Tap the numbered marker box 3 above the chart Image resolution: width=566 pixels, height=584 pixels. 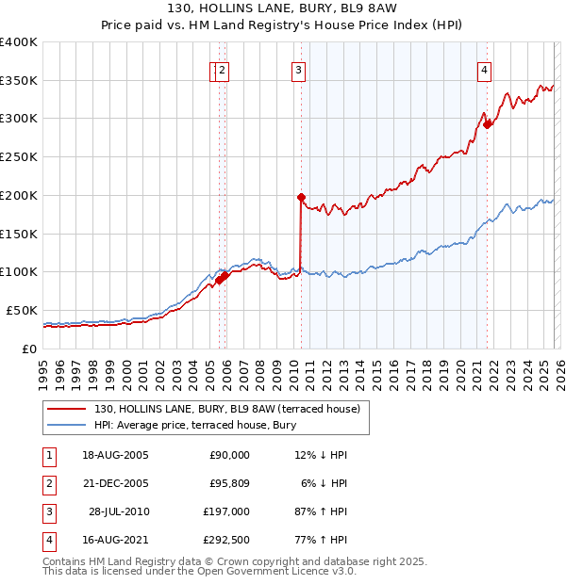(298, 69)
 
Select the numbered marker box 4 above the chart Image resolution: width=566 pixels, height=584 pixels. (484, 69)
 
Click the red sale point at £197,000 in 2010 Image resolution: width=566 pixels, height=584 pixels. (301, 197)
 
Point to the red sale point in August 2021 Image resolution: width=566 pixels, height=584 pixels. (488, 123)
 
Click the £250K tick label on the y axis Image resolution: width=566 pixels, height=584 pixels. (19, 157)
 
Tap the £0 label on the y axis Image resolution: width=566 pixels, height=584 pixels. (28, 349)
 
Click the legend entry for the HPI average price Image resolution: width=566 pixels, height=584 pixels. (195, 426)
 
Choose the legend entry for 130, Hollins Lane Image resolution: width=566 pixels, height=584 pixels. (226, 410)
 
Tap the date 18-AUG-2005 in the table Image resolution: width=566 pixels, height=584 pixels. (115, 455)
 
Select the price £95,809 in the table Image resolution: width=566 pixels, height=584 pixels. (225, 483)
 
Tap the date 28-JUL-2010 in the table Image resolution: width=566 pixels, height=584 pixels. (118, 511)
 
